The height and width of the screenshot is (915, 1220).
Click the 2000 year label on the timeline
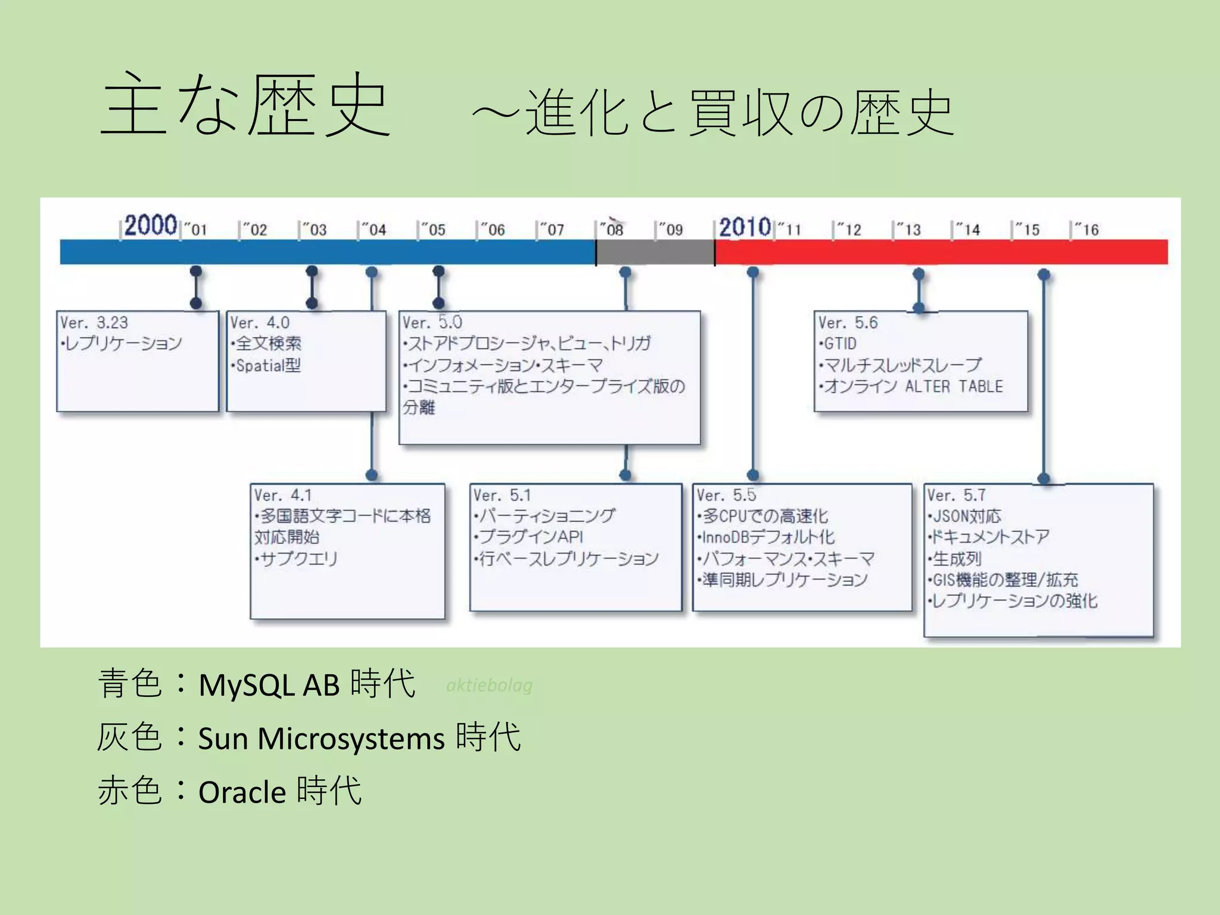point(150,225)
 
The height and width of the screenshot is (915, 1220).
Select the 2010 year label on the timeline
point(745,227)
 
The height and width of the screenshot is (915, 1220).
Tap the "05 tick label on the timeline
point(434,230)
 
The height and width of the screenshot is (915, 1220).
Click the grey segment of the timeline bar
point(655,252)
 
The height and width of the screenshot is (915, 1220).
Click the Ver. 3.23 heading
point(94,323)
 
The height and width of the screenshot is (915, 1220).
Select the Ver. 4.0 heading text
point(260,323)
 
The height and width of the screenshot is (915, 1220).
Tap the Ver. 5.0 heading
point(432,323)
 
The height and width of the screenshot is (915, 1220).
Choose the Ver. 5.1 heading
point(502,495)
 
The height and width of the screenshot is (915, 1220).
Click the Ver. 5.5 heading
point(726,495)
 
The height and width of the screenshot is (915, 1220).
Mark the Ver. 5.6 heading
point(847,323)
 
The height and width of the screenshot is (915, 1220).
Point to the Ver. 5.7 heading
point(956,495)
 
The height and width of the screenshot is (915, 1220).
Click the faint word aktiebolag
point(489,685)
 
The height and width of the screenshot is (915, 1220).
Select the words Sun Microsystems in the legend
point(321,739)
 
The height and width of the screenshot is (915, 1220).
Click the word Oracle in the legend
point(242,792)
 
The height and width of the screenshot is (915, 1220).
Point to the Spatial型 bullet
point(267,365)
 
